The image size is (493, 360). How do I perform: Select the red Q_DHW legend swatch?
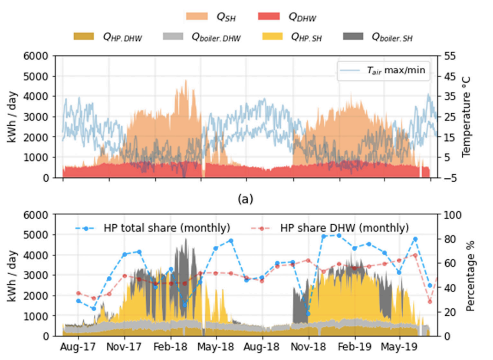coord(270,16)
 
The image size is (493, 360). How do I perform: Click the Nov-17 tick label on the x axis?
coord(125,347)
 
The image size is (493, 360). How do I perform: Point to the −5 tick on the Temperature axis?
coord(449,178)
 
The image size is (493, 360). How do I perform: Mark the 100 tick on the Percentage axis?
coord(451,215)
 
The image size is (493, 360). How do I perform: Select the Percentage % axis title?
coord(470,275)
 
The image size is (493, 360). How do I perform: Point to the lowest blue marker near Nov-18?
coord(308,313)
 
